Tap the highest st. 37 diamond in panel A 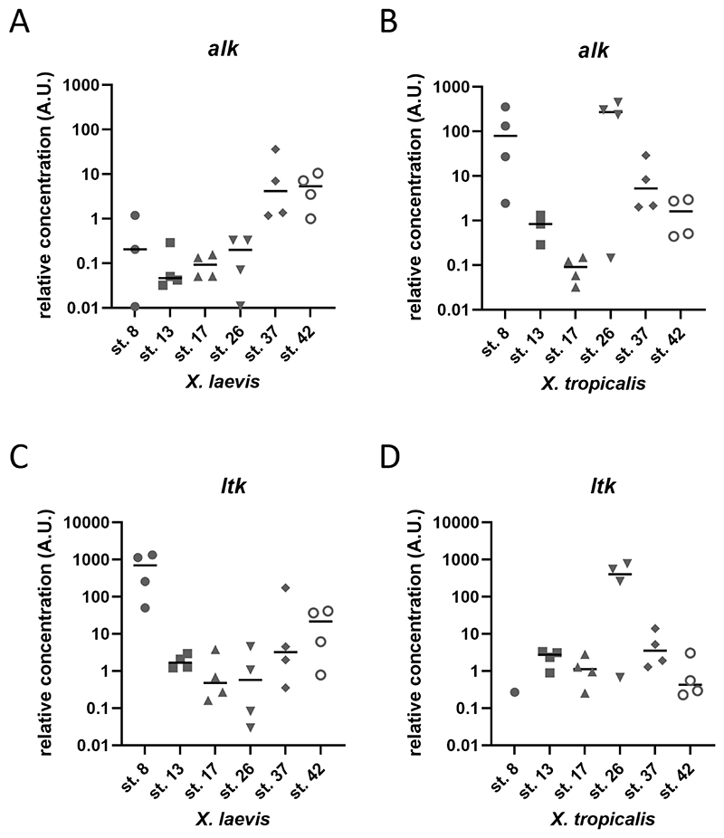[275, 149]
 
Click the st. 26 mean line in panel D [620, 574]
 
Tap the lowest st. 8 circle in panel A [135, 307]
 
